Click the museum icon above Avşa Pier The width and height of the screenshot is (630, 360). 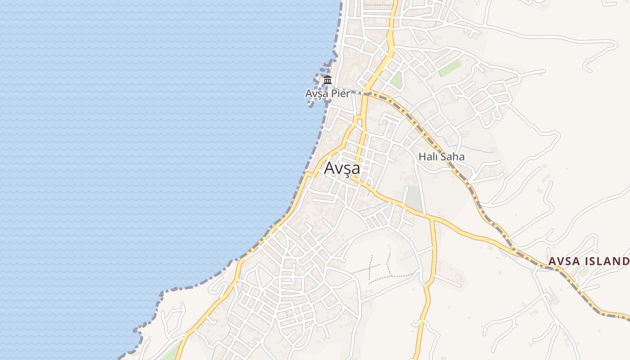pyautogui.click(x=328, y=81)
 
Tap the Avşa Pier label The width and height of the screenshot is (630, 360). pyautogui.click(x=327, y=94)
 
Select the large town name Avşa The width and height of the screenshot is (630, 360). pyautogui.click(x=342, y=168)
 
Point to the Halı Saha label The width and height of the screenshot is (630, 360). pyautogui.click(x=441, y=157)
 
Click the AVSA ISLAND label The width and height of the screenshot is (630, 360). pyautogui.click(x=589, y=261)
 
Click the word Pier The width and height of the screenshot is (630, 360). pyautogui.click(x=341, y=94)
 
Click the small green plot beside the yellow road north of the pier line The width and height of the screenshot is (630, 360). pyautogui.click(x=396, y=80)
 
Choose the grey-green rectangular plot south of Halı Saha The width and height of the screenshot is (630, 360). pyautogui.click(x=414, y=198)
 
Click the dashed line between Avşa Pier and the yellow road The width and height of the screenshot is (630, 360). pyautogui.click(x=357, y=93)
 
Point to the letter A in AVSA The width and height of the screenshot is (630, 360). pyautogui.click(x=551, y=261)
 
